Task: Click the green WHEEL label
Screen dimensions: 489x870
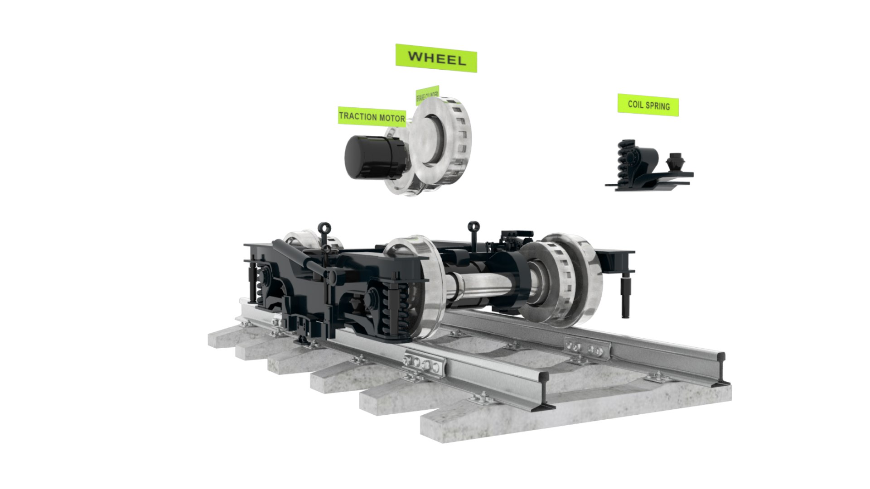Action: click(436, 58)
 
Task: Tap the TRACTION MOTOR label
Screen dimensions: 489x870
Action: click(372, 116)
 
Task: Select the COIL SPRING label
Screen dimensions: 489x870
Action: click(648, 105)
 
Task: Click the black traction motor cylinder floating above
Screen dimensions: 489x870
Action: click(372, 157)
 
